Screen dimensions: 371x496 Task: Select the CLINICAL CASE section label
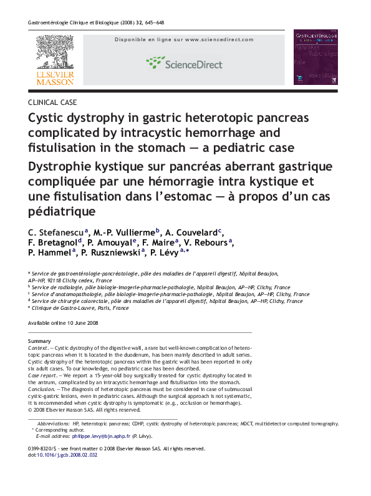(53, 102)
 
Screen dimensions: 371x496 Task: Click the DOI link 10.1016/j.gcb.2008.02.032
(69, 455)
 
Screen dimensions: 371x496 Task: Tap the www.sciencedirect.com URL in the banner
(219, 39)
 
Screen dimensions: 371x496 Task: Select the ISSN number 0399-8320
(43, 449)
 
